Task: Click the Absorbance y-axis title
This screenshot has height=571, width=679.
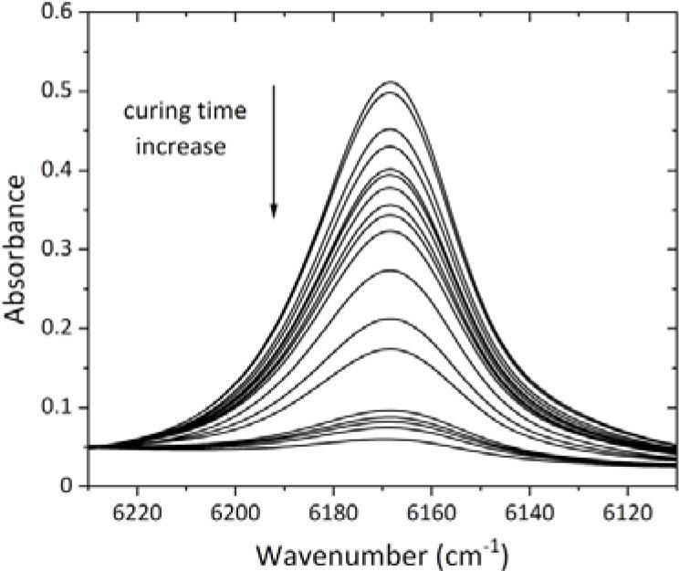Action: click(x=16, y=248)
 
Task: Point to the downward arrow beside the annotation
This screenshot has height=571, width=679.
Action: click(x=273, y=151)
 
